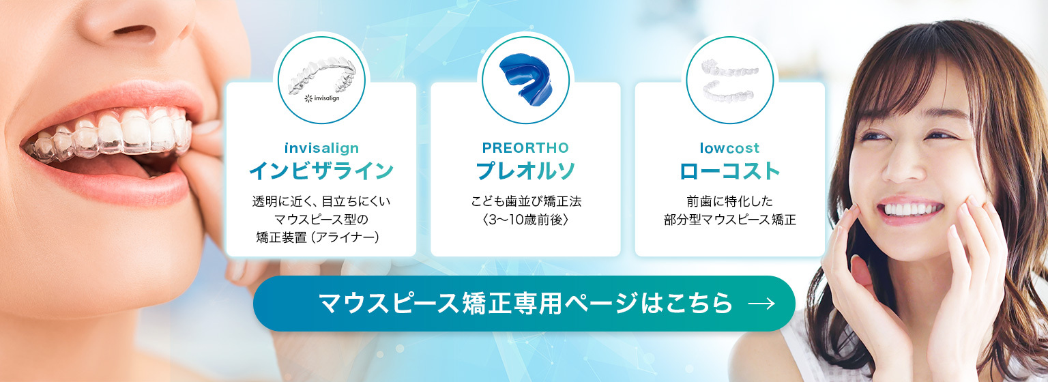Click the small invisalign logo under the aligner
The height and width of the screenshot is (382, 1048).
tap(321, 98)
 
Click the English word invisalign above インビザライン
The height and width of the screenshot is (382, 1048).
tap(321, 148)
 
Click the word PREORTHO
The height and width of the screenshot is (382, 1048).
tap(525, 148)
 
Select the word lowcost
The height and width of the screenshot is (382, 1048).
tap(729, 148)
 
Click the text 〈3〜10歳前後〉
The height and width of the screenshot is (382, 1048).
tap(525, 220)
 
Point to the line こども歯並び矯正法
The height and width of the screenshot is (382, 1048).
tap(525, 202)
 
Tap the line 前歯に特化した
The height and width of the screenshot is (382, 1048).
tap(729, 202)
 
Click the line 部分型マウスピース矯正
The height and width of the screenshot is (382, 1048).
tap(729, 220)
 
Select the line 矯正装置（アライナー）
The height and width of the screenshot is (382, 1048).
tap(321, 237)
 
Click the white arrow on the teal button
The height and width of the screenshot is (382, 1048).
tap(761, 304)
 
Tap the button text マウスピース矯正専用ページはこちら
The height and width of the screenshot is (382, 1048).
tap(525, 304)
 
